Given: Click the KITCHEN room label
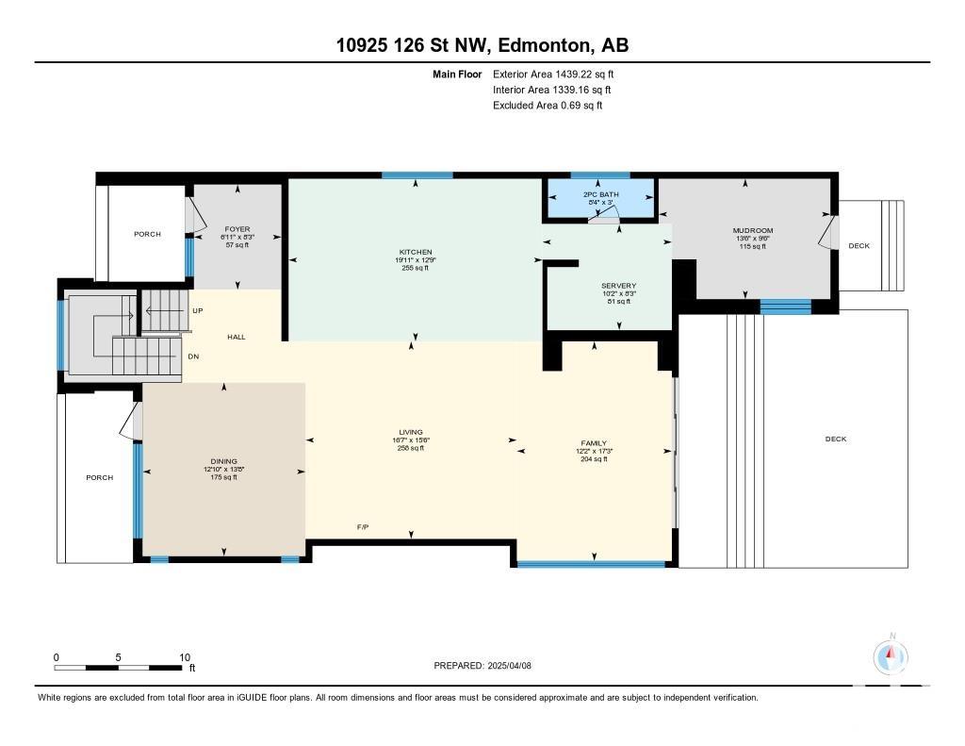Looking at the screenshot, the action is [x=416, y=252].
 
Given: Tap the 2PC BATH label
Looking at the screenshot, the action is [x=600, y=194].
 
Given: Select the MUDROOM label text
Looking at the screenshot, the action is [x=753, y=230].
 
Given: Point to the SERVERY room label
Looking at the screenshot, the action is [x=618, y=286].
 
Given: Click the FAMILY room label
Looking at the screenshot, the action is [x=594, y=443].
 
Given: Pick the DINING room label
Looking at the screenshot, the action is [x=223, y=461].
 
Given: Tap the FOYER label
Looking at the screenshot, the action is [x=237, y=229].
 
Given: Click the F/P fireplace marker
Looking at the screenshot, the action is [x=363, y=526].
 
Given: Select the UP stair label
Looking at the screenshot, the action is [x=198, y=310].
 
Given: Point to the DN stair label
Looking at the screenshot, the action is [x=193, y=356].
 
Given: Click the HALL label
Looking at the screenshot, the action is [x=237, y=337].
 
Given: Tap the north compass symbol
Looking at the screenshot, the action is [x=890, y=656].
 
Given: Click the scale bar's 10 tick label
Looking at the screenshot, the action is [x=185, y=657].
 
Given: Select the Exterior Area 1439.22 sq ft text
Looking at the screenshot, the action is [x=553, y=75].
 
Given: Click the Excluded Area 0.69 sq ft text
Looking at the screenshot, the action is [x=548, y=106].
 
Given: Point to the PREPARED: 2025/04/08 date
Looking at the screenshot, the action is [x=482, y=665].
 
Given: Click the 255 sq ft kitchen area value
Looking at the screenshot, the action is [x=416, y=268].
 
